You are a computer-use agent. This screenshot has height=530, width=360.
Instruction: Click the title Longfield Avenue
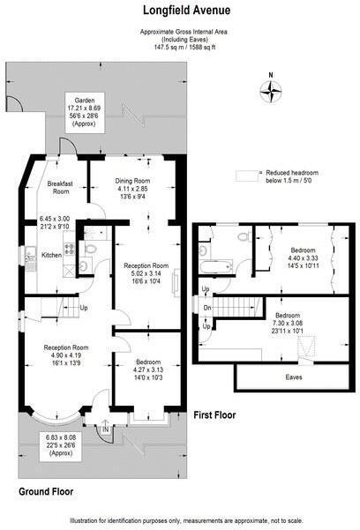[179, 11]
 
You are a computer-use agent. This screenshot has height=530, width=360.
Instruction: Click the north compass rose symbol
[272, 88]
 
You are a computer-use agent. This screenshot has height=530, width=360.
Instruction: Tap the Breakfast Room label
[60, 188]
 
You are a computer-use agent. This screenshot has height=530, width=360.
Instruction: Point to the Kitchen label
[52, 256]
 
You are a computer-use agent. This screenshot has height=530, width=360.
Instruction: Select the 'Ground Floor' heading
[46, 491]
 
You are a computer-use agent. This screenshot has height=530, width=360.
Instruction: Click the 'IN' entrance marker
[108, 429]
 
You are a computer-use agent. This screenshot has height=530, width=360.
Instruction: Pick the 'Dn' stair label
[206, 308]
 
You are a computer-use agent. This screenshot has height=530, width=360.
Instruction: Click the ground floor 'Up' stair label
[84, 308]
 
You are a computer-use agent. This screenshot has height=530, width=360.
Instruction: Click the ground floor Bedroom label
[147, 362]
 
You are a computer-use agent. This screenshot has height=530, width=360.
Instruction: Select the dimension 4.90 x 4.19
[67, 355]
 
